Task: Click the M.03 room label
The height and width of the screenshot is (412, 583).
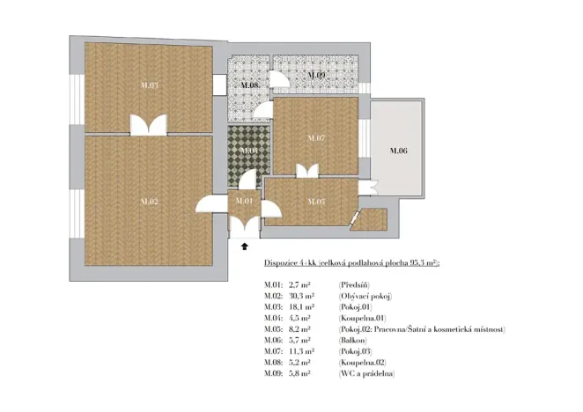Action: pyautogui.click(x=150, y=85)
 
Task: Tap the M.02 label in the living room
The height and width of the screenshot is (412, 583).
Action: pyautogui.click(x=150, y=202)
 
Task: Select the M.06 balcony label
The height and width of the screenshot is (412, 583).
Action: pyautogui.click(x=399, y=151)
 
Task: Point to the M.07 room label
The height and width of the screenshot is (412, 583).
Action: pyautogui.click(x=316, y=138)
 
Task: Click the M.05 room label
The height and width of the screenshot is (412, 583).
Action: pyautogui.click(x=316, y=202)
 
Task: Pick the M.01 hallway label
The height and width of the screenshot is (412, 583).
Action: pyautogui.click(x=244, y=202)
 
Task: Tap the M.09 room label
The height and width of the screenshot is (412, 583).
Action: pyautogui.click(x=317, y=76)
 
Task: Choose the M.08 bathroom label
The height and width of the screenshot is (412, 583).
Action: pyautogui.click(x=249, y=85)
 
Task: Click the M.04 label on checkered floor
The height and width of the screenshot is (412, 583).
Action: pyautogui.click(x=249, y=151)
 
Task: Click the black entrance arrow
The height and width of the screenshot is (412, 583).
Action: pyautogui.click(x=244, y=248)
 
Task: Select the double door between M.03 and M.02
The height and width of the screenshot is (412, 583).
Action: pyautogui.click(x=149, y=126)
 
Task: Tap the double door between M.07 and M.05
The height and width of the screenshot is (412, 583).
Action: pyautogui.click(x=306, y=171)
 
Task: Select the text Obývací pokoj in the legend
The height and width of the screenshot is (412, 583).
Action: pyautogui.click(x=366, y=296)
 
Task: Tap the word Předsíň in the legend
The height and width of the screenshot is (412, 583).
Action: pyautogui.click(x=356, y=284)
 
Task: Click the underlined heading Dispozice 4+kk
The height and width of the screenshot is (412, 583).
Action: pyautogui.click(x=291, y=262)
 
